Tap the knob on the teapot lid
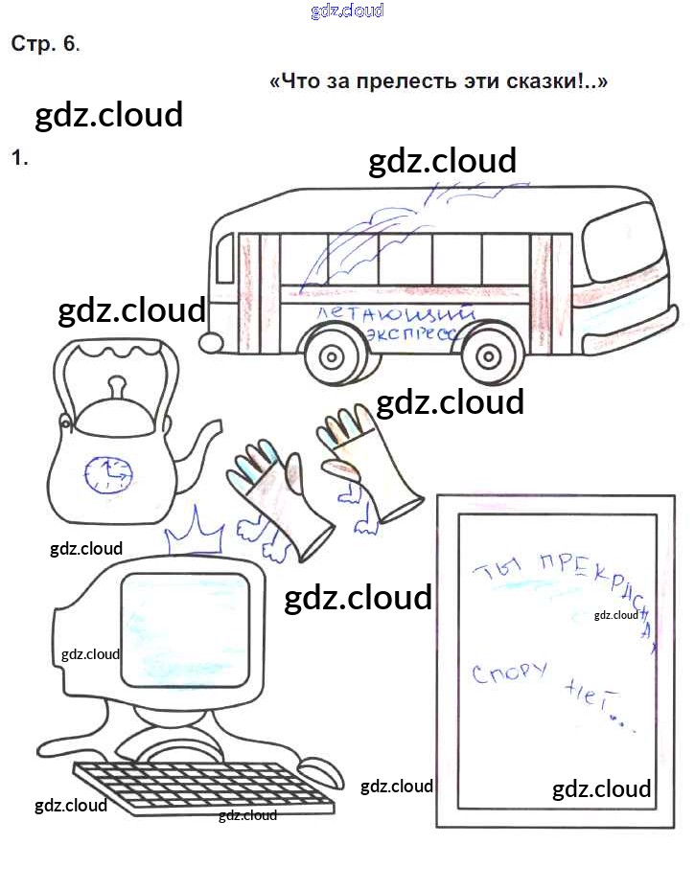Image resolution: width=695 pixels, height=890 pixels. [116, 385]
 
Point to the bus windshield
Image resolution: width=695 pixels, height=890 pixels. [623, 243]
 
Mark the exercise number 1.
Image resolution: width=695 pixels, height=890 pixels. [19, 158]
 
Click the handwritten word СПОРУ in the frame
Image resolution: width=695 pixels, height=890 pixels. [509, 673]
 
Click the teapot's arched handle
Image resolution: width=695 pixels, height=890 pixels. [115, 354]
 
